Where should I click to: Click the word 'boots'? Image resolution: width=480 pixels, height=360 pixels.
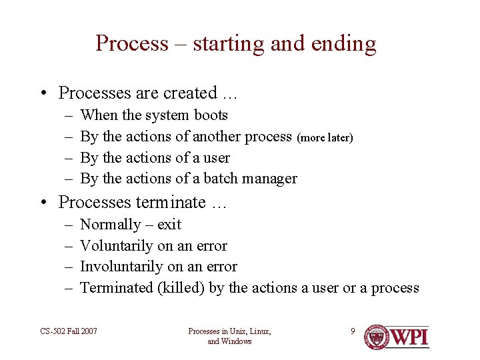pos(211,115)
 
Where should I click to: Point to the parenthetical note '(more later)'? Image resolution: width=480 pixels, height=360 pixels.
pos(325,137)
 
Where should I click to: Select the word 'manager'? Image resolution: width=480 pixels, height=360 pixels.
pos(271,179)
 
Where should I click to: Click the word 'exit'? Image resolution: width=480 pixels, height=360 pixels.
pos(169,225)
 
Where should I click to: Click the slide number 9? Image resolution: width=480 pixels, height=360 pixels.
pos(353,331)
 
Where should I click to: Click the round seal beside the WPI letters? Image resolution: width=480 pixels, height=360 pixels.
pos(376,337)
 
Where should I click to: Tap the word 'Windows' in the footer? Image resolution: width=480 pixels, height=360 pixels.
pos(238,341)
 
